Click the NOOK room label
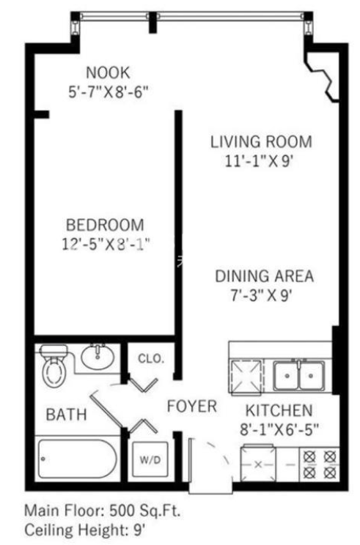pos(108,73)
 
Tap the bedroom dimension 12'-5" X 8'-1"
pos(106,244)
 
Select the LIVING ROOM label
pos(261,142)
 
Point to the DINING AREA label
pos(265,276)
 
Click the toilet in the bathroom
pos(54,365)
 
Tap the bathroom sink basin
pos(98,357)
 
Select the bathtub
pos(77,459)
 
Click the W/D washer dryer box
pos(150,461)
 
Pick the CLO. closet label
pos(151,358)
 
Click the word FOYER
pos(192,407)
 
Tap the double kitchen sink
pos(299,376)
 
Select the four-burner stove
pos(320,464)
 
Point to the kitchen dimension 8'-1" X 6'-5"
pos(279,430)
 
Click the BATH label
pos(66,415)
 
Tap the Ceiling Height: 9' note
pos(85,530)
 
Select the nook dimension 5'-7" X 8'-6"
pos(109,92)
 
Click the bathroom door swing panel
pos(106,409)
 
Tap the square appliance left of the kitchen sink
pos(246,377)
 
